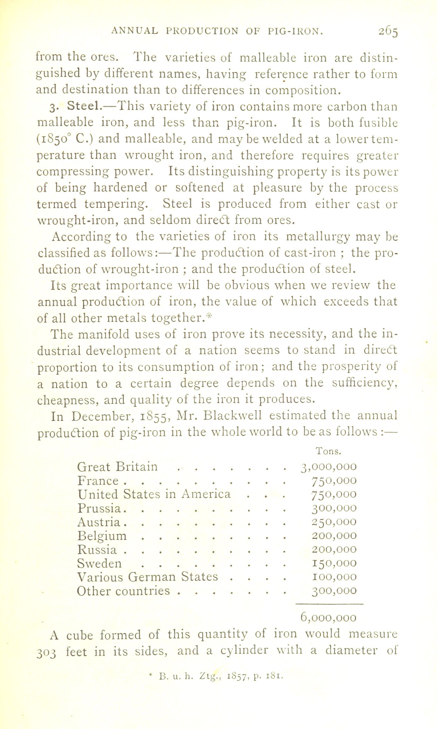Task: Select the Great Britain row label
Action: [x=117, y=466]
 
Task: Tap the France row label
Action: [x=98, y=481]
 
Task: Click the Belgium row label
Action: [x=102, y=536]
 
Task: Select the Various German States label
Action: [x=148, y=577]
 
